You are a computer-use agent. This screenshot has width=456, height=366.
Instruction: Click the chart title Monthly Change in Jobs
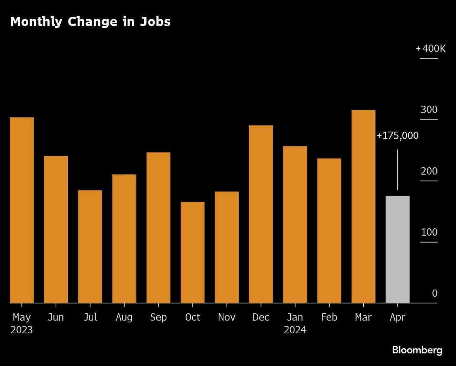tap(90, 22)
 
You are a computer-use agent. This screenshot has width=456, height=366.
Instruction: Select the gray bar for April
tap(398, 249)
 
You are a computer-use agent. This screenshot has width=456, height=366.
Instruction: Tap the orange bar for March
tap(363, 206)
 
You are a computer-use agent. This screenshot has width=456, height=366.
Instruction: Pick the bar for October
tap(192, 253)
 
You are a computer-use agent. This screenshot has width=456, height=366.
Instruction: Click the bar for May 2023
tap(22, 210)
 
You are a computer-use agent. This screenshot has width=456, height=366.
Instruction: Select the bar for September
tap(158, 228)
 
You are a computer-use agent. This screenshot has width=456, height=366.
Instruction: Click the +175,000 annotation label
tap(398, 136)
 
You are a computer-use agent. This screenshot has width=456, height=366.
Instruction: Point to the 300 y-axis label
tap(429, 110)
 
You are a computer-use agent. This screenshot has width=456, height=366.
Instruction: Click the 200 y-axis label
tap(429, 171)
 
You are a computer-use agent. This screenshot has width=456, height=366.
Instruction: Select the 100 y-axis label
tap(429, 233)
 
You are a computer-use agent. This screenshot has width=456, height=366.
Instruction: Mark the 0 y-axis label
tap(435, 294)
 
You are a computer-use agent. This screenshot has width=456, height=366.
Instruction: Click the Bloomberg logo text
tap(417, 350)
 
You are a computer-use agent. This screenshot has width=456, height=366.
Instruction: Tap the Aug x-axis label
tap(124, 317)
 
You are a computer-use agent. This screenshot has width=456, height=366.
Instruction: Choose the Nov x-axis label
tap(227, 317)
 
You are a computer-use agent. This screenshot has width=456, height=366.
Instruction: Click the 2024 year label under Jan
tap(295, 330)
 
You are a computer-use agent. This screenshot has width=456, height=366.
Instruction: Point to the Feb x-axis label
tap(329, 317)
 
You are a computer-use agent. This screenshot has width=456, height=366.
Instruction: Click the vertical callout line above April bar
tap(398, 170)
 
